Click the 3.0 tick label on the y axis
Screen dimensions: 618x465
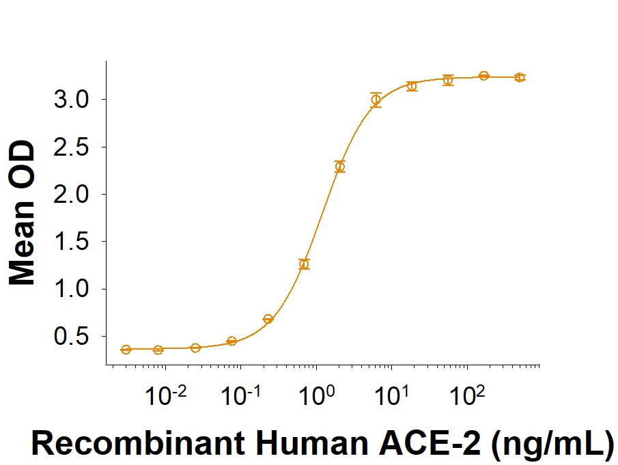[x=71, y=100]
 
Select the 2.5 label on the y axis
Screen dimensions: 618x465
[x=71, y=147]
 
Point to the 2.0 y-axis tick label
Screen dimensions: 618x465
[x=71, y=195]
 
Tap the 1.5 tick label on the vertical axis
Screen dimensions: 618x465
[x=71, y=242]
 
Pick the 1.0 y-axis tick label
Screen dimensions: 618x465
[x=71, y=290]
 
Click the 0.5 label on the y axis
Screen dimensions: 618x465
[x=71, y=337]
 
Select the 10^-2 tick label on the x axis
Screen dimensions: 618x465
[x=166, y=395]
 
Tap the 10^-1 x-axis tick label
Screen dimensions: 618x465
[x=241, y=395]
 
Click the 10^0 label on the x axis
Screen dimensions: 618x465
[x=317, y=395]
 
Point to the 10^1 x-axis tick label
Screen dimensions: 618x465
[x=392, y=395]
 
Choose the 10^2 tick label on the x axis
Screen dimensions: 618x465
[x=468, y=395]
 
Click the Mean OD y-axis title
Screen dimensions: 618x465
[x=22, y=213]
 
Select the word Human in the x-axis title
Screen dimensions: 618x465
[x=312, y=443]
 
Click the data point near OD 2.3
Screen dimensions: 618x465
[x=340, y=167]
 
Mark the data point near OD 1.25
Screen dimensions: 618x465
[x=304, y=264]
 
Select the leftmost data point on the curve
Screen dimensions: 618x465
[x=126, y=350]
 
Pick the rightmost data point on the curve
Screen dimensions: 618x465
[x=520, y=78]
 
